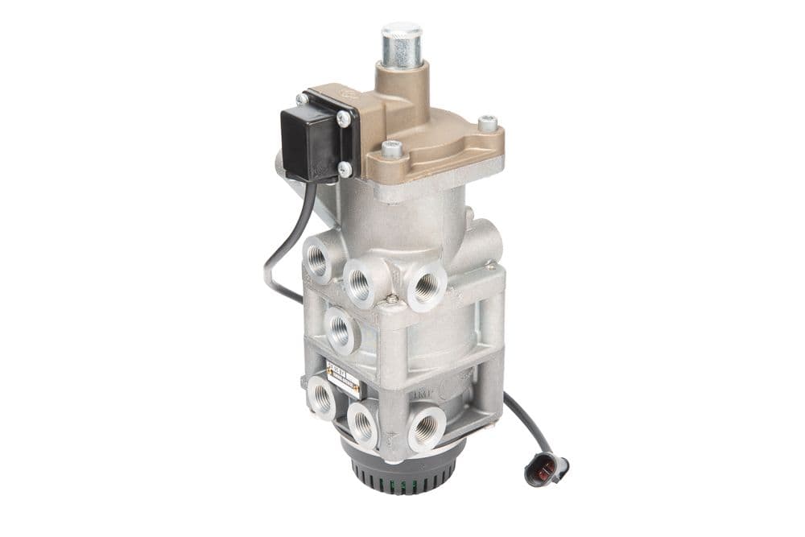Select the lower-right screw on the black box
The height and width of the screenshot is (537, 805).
point(345,169)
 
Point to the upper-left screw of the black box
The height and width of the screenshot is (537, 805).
point(302,99)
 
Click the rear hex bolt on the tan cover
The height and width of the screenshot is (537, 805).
point(487,124)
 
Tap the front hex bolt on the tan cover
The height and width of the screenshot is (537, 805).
point(392,149)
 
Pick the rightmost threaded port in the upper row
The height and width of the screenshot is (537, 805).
point(427,285)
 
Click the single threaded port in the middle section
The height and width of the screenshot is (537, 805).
point(340,329)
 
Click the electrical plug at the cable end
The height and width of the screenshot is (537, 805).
point(546,469)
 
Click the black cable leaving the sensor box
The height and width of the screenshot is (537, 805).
point(278,242)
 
